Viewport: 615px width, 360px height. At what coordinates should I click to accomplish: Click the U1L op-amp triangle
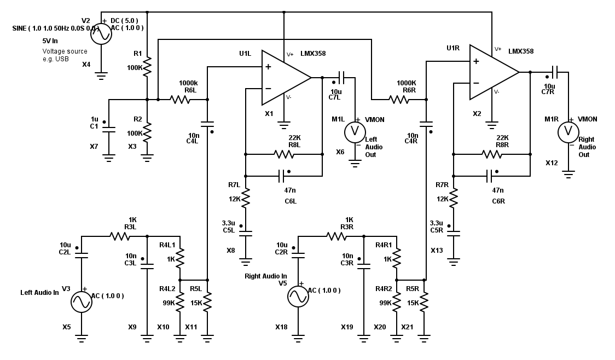285,78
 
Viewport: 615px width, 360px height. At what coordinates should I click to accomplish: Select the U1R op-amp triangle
492,72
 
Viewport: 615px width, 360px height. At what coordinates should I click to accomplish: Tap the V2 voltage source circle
101,34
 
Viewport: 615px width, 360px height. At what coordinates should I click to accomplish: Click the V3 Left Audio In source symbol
82,301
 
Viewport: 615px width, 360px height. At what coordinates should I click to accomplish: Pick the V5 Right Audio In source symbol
298,296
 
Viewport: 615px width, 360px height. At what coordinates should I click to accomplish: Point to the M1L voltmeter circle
355,131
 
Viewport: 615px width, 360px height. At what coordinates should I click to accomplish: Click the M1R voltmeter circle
568,131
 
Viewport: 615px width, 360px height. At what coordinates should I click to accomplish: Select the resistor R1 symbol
147,67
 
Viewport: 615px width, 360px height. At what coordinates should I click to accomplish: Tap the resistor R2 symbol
147,132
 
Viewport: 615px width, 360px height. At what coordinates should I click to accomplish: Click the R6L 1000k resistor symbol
180,100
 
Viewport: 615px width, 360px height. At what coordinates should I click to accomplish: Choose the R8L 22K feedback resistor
284,154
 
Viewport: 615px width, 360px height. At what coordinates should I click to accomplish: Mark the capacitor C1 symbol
109,130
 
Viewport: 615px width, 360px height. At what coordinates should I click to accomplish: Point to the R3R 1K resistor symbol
336,236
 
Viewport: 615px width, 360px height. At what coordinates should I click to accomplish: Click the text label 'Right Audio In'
266,276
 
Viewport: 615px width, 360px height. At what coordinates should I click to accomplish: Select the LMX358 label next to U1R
520,51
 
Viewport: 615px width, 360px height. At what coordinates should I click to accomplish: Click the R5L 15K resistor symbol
207,302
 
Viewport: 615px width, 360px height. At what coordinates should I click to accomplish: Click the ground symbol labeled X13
454,262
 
